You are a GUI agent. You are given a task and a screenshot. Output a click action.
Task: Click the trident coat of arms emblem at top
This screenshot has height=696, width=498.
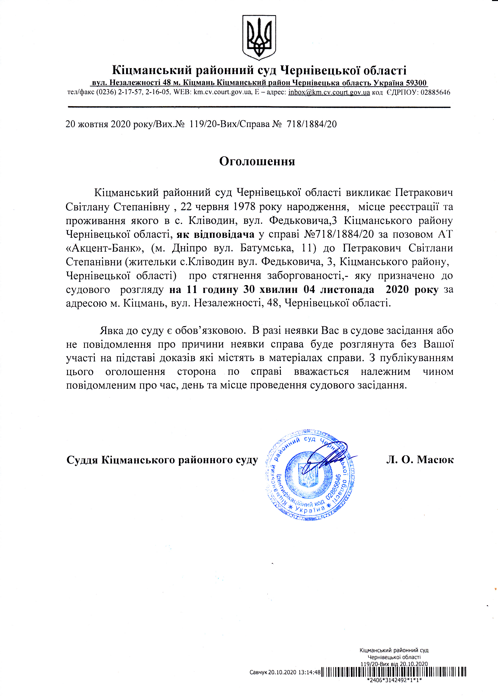pos(259,37)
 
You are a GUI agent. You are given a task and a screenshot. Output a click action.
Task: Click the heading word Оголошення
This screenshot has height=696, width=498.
pos(257,161)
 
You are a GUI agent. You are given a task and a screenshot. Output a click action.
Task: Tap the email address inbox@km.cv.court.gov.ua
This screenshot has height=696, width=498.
pos(329,92)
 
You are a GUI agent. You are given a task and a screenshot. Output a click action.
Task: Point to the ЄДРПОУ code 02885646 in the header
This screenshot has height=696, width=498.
pos(435,92)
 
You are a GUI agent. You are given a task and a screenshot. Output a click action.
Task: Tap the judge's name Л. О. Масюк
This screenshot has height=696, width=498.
pos(420,460)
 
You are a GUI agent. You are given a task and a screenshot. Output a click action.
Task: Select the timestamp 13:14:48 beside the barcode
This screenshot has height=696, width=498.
pos(309,672)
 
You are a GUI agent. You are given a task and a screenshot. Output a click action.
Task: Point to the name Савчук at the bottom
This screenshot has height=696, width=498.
pos(258,672)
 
